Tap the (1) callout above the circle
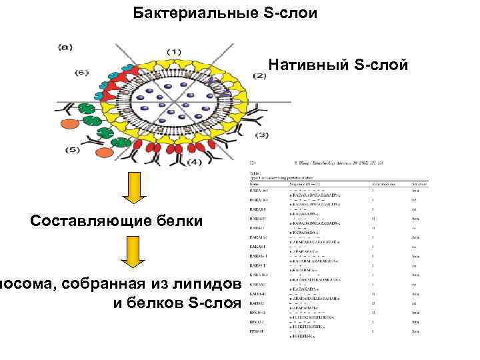[x=174, y=51]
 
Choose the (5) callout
[x=72, y=150]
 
